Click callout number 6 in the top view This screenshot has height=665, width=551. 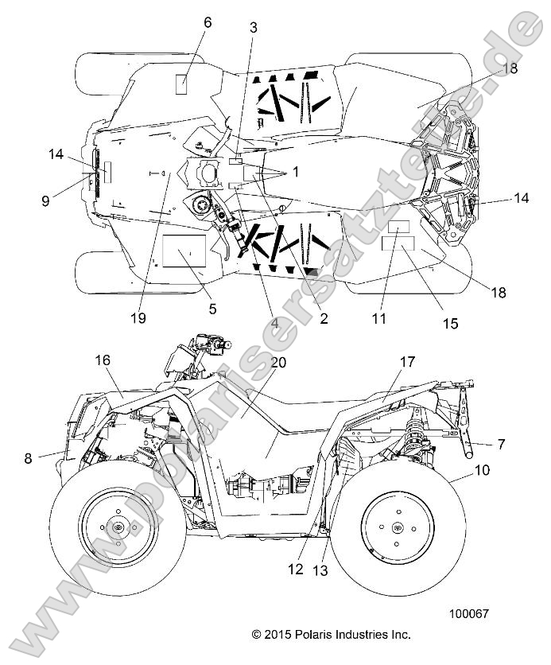pos(208,22)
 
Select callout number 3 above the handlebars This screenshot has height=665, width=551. pos(254,28)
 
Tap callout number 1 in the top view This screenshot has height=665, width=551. pos(295,171)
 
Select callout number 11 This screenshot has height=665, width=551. pos(379,318)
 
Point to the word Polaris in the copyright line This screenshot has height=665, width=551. pos(326,634)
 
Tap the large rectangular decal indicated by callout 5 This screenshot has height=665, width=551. pos(184,251)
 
